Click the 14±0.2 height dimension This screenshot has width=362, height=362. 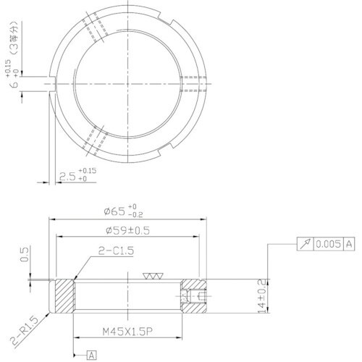coord(270,294)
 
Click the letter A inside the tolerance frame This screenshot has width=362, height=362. coord(349,245)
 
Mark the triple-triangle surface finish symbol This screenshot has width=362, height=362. coord(153,277)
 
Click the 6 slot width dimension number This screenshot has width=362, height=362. coord(14,85)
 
